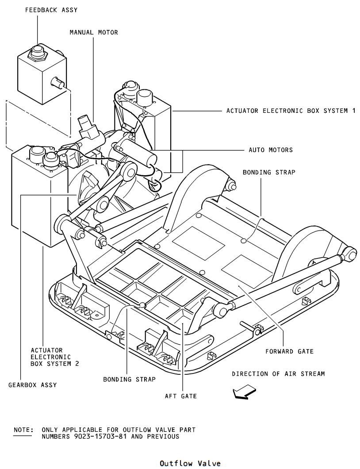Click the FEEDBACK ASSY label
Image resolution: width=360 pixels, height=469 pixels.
point(51,10)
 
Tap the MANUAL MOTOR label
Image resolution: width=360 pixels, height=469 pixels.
point(94,32)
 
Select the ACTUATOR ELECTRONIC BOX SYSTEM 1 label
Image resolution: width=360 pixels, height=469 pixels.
point(291,111)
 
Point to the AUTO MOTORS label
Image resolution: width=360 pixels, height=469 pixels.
point(271,150)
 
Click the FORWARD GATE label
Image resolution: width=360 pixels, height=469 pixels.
point(289,351)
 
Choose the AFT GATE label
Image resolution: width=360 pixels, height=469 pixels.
point(181,396)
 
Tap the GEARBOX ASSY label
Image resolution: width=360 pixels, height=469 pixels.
point(33,385)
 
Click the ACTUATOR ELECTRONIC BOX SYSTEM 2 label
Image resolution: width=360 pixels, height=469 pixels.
point(55,357)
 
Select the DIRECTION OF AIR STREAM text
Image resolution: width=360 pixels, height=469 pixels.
point(278,373)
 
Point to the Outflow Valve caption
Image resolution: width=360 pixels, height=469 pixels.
point(190,463)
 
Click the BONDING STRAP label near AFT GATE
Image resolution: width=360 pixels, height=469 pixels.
point(130,379)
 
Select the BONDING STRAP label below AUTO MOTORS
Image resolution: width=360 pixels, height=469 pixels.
point(269,172)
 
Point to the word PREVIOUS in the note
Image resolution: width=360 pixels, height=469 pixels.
point(163,436)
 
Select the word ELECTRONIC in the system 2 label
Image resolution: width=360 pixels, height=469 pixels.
point(51,357)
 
